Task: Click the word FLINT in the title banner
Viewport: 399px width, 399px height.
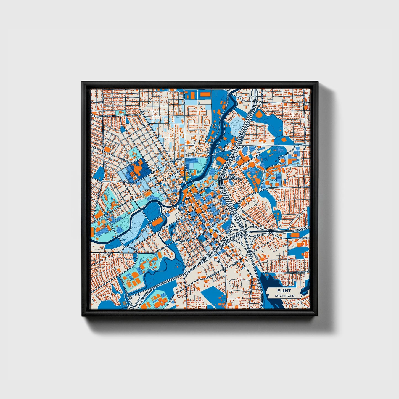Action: click(284, 291)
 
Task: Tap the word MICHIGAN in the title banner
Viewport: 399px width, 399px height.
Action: click(284, 296)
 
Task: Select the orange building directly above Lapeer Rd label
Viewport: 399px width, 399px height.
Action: click(295, 235)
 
